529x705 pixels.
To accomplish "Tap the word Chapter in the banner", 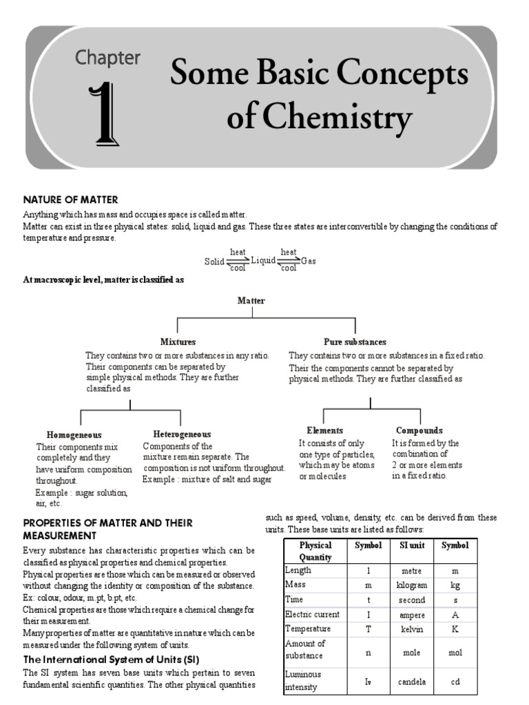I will pyautogui.click(x=108, y=58).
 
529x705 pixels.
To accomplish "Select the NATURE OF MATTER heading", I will pyautogui.click(x=70, y=200).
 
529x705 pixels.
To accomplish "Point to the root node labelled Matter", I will pyautogui.click(x=251, y=301).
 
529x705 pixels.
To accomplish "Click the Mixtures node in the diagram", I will pyautogui.click(x=178, y=341).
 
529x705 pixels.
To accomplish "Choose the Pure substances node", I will pyautogui.click(x=355, y=341).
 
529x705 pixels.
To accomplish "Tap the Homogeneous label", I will pyautogui.click(x=74, y=435).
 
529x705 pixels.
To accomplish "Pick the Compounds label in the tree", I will pyautogui.click(x=419, y=430).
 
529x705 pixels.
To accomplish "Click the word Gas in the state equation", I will pyautogui.click(x=309, y=262).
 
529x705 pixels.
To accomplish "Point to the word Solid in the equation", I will pyautogui.click(x=214, y=262).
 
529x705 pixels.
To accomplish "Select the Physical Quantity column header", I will pyautogui.click(x=315, y=551).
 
